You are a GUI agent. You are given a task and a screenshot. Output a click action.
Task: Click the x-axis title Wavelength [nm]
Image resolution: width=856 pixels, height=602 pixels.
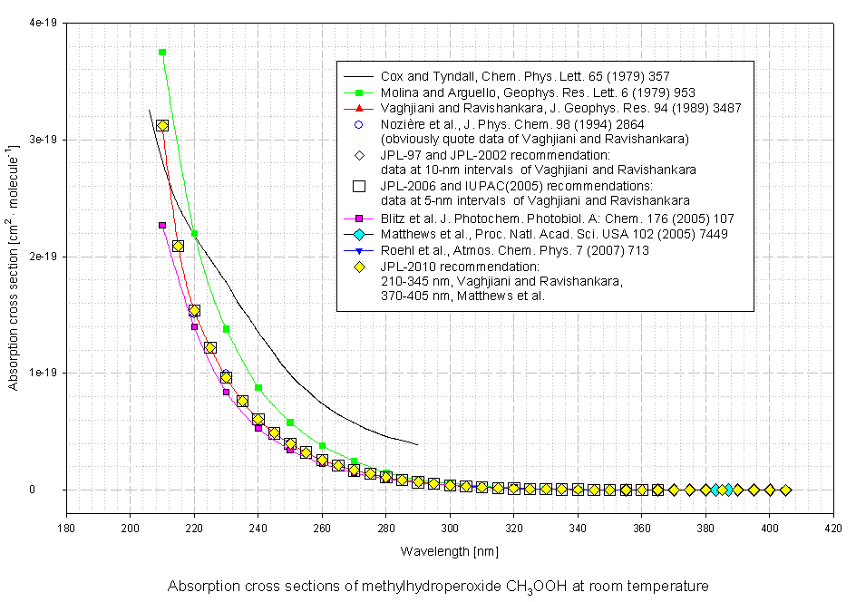pos(449,550)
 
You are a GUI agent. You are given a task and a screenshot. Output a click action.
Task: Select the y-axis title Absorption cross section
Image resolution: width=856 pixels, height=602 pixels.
pos(14,256)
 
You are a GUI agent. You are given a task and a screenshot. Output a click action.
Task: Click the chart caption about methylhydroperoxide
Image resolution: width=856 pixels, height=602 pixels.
pos(438,586)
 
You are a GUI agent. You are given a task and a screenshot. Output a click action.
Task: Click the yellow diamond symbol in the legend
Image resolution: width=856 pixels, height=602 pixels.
pos(359,267)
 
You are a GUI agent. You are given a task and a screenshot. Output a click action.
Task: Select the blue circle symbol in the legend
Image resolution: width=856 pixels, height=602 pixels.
pos(359,124)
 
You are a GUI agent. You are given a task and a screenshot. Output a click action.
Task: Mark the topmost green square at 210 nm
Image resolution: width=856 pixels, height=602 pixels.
pos(162,53)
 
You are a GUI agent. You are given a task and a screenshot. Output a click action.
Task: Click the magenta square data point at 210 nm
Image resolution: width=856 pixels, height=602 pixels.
pos(162,225)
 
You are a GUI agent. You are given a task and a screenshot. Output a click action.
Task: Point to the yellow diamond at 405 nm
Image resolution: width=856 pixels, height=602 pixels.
pos(785,490)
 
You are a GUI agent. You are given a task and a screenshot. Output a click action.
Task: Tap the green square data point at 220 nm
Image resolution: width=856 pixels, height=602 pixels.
pos(194,234)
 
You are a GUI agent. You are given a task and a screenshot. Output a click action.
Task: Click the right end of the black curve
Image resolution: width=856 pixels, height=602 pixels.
pos(417,444)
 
